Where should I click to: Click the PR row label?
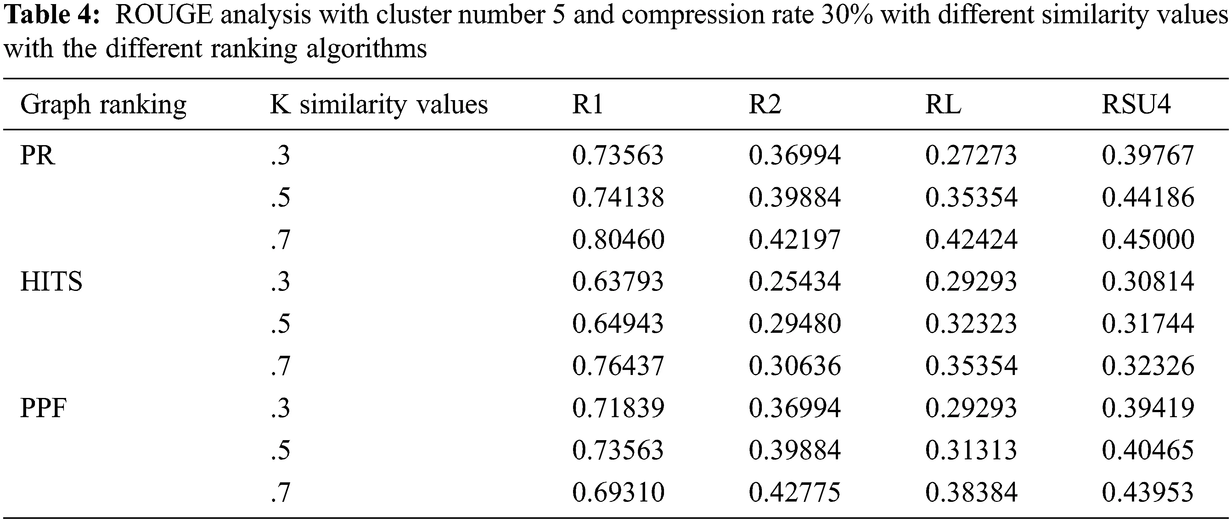coord(37,156)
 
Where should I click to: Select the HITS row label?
coord(51,282)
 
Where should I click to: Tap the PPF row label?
coord(43,408)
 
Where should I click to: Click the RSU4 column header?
coord(1136,104)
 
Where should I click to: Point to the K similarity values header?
coord(379,104)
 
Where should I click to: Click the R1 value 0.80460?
coord(618,240)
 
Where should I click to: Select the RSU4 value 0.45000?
coord(1148,240)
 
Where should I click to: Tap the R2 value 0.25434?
coord(794,282)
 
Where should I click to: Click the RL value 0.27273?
coord(971,156)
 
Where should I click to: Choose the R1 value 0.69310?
coord(618,492)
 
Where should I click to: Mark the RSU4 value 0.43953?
coord(1148,492)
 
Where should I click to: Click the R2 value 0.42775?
coord(794,492)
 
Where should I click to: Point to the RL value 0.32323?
coord(971,324)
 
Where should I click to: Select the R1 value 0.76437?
coord(618,366)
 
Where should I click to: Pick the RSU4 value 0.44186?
coord(1148,198)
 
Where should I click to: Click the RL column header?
coord(943,104)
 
